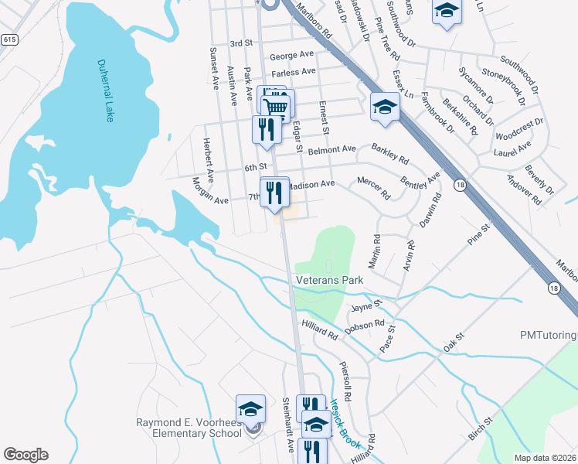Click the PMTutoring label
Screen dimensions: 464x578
click(x=548, y=335)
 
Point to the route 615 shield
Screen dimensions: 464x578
click(x=9, y=39)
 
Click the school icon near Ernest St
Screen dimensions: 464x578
click(x=384, y=107)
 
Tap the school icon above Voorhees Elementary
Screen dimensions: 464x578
click(x=250, y=408)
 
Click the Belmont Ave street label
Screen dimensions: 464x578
click(x=332, y=148)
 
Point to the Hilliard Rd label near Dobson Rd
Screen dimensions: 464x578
click(x=321, y=332)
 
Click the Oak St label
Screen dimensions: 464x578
click(x=453, y=342)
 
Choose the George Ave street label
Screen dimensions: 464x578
click(x=292, y=55)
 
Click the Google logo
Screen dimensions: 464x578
click(x=25, y=455)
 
